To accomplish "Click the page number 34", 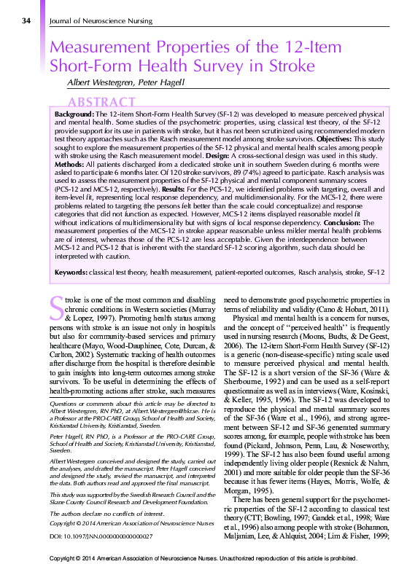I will (x=26, y=21).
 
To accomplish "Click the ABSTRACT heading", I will (x=101, y=102).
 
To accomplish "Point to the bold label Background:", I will (x=76, y=115).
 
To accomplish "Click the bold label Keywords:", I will (x=74, y=272).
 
